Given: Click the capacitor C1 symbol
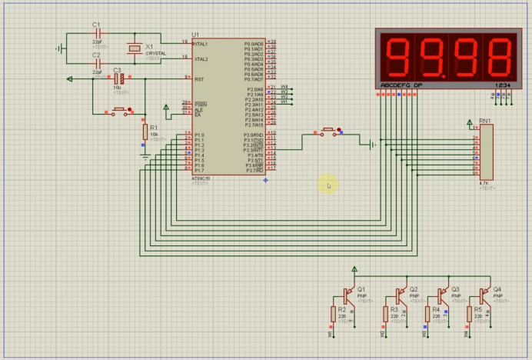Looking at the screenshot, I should (x=97, y=34).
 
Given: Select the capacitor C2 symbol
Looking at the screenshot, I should (x=97, y=63).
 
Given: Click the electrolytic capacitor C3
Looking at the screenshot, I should (x=118, y=78).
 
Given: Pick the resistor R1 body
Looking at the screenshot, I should (x=145, y=132).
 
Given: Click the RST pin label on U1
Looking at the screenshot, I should (x=199, y=78).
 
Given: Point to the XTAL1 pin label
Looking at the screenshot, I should (x=201, y=44).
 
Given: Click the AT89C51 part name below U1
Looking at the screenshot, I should (x=201, y=178).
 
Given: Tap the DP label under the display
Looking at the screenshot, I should (x=418, y=85).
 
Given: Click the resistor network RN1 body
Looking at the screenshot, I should (x=485, y=152).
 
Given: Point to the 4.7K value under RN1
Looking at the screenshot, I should (x=484, y=183).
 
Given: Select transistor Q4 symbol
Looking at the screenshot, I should (x=484, y=295).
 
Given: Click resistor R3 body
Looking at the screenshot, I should (x=385, y=314).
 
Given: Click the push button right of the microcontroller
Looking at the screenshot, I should (x=329, y=132).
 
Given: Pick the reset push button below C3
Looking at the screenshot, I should (x=119, y=112).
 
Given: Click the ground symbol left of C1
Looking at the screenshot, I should (x=60, y=48).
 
